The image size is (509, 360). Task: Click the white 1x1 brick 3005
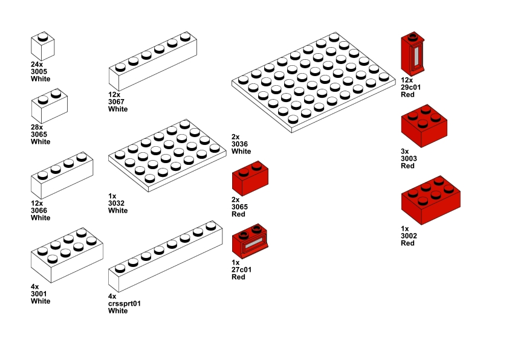(43, 46)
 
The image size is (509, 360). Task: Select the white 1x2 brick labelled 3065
(49, 106)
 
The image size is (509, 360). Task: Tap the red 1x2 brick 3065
(250, 178)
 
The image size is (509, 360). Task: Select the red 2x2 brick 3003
(424, 126)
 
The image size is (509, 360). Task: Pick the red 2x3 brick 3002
(431, 199)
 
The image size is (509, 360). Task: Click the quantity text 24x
(37, 64)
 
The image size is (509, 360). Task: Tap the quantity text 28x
(37, 127)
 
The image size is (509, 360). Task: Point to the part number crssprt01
(125, 303)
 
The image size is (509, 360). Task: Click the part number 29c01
(410, 87)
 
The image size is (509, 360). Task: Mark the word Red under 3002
(407, 243)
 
